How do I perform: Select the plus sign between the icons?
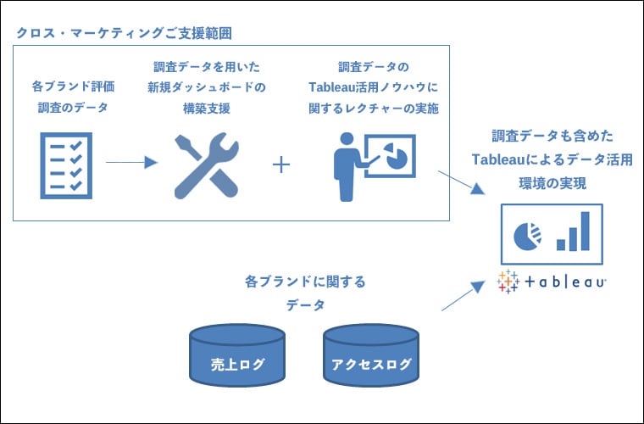tap(282, 164)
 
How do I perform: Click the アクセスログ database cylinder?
tap(370, 353)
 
